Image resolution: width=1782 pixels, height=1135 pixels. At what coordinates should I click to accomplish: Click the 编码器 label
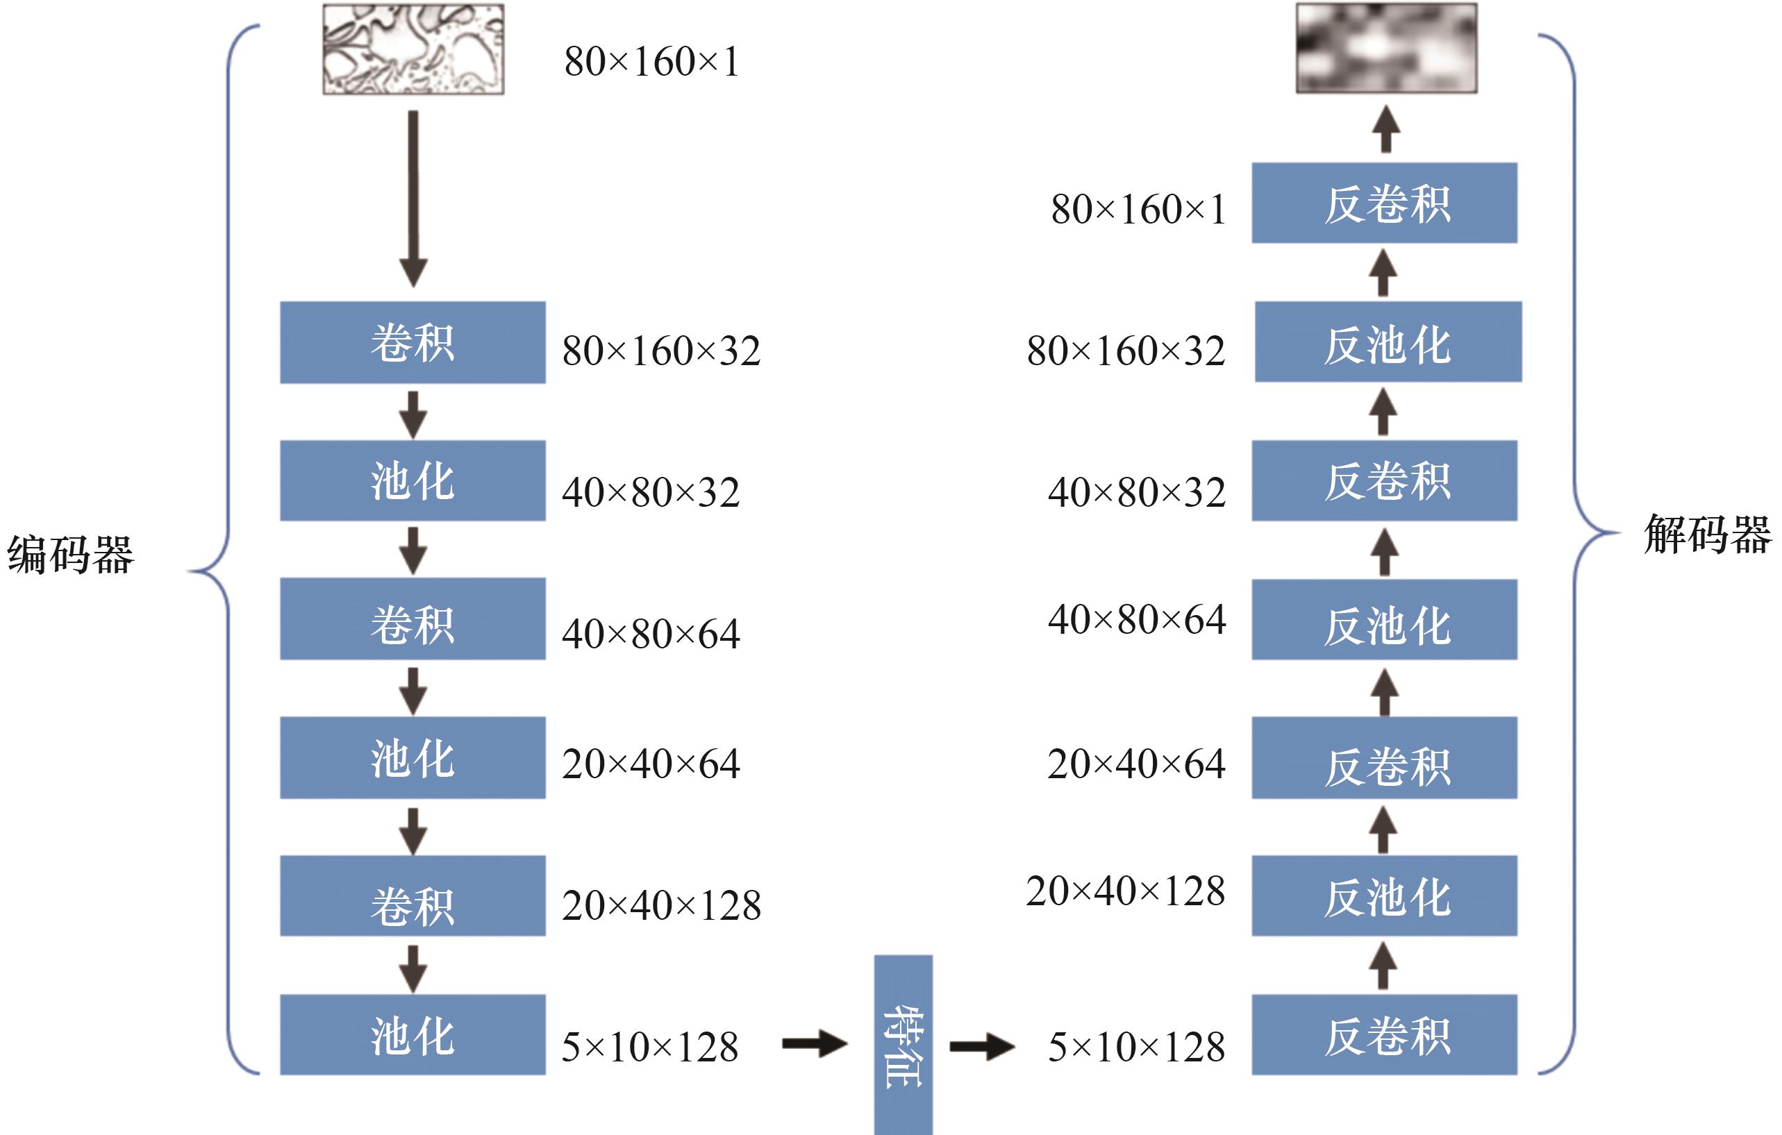[x=70, y=554]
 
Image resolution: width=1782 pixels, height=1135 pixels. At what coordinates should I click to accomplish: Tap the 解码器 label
[x=1707, y=535]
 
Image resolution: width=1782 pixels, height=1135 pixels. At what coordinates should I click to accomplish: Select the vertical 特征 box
[x=903, y=1045]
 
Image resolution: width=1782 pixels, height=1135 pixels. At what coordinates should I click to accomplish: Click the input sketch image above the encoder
[x=413, y=49]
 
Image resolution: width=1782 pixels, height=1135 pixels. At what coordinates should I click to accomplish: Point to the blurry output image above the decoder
[x=1386, y=48]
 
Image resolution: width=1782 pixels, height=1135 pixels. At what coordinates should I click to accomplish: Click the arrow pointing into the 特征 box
[x=814, y=1044]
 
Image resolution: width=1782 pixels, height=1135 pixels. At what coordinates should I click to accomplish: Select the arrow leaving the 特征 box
[x=981, y=1045]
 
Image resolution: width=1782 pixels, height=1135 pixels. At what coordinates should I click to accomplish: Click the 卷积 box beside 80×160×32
[x=413, y=342]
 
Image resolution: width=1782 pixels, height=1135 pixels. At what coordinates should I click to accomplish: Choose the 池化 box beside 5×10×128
[x=413, y=1034]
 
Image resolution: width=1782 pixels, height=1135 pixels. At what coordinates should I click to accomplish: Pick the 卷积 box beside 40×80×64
[x=413, y=619]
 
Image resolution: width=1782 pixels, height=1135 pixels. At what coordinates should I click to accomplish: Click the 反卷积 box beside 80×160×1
[x=1384, y=203]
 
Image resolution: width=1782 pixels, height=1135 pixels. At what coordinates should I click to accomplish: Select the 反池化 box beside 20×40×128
[x=1384, y=896]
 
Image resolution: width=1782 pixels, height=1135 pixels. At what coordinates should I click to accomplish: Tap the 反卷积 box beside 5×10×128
[x=1384, y=1034]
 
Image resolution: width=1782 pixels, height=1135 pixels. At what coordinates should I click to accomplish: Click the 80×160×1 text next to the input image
[x=651, y=61]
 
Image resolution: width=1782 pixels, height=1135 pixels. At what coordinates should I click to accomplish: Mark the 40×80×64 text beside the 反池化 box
[x=1137, y=619]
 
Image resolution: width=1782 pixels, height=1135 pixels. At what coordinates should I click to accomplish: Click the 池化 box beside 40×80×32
[x=413, y=481]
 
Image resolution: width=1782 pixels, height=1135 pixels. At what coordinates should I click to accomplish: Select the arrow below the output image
[x=1386, y=130]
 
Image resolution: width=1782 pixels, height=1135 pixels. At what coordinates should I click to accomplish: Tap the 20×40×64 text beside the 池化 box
[x=651, y=764]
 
